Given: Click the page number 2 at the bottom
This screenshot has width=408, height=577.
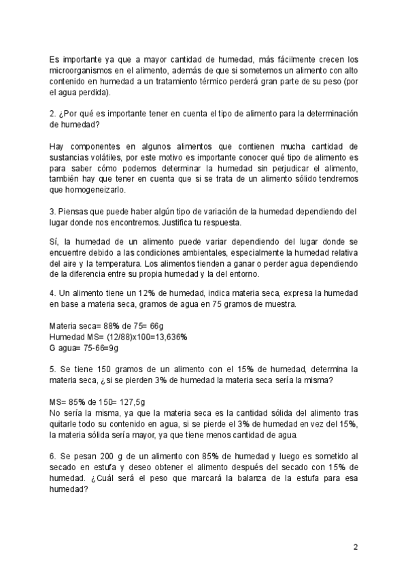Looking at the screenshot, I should coord(355,546).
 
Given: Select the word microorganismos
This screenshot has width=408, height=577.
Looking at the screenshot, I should coord(83,70).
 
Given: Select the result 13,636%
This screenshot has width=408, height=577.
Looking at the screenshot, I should coord(168,336).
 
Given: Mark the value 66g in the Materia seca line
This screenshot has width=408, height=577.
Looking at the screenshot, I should coord(139,325).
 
